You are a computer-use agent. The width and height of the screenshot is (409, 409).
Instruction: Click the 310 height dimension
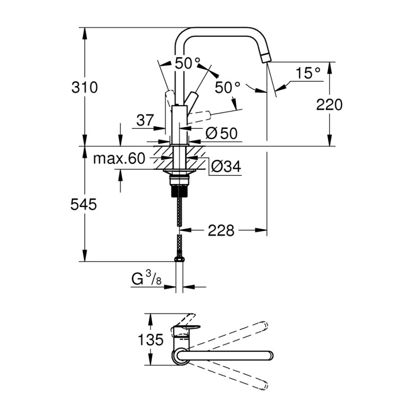pyautogui.click(x=84, y=87)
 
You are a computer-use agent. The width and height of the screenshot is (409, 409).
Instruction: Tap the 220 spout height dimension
pyautogui.click(x=329, y=105)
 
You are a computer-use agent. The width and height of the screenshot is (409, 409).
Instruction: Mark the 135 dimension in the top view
pyautogui.click(x=150, y=339)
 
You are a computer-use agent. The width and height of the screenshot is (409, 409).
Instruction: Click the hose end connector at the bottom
pyautogui.click(x=179, y=260)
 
